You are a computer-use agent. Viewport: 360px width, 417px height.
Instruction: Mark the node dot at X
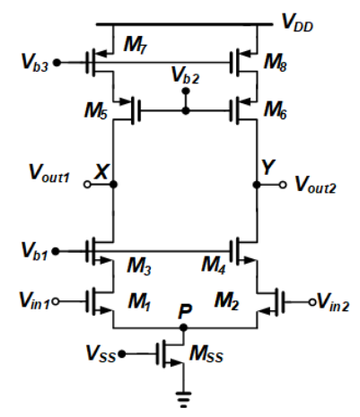(x=113, y=186)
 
